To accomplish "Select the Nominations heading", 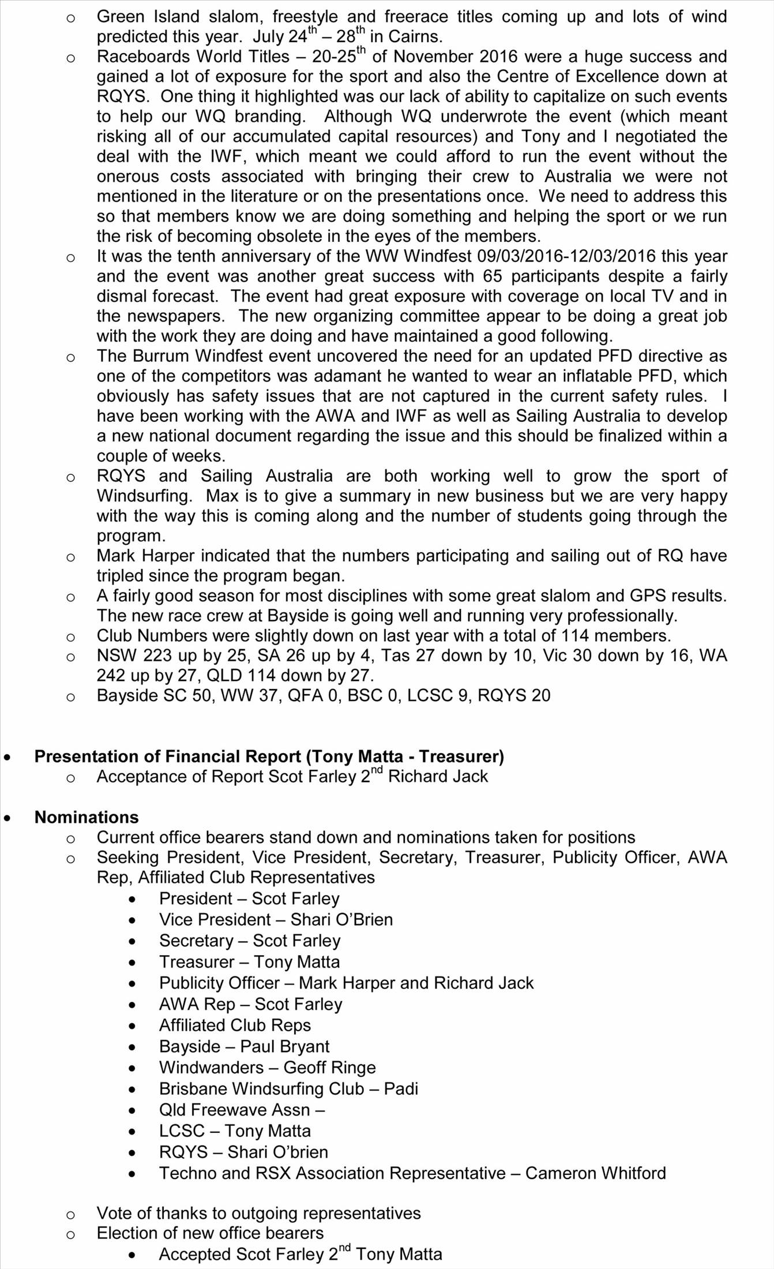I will [x=87, y=817].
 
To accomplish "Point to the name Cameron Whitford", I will [x=595, y=1173].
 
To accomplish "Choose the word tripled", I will [x=120, y=576].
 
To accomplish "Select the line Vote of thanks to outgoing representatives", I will [x=258, y=1214].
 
